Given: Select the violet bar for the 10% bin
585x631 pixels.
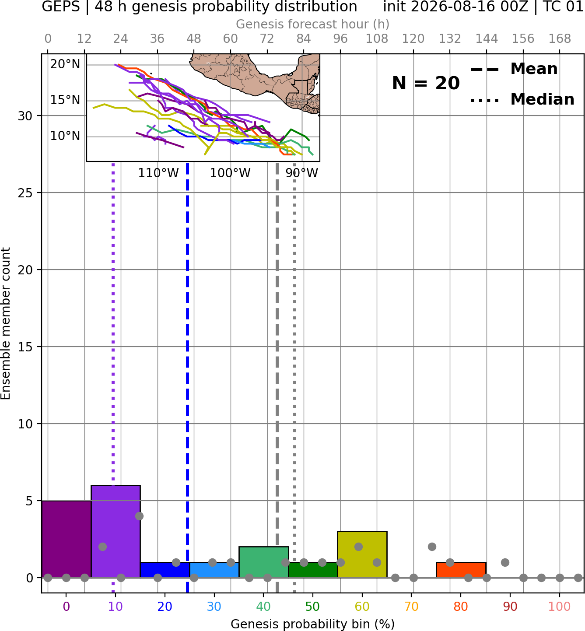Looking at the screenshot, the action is (x=116, y=531).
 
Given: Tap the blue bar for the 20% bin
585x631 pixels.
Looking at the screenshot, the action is (x=165, y=570).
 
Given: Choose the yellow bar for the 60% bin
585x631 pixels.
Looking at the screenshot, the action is (x=362, y=554).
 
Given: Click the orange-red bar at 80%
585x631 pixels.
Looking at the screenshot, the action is (x=461, y=570).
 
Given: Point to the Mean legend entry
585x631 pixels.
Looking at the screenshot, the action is (x=514, y=69).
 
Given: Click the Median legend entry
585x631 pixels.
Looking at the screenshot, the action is (x=522, y=99).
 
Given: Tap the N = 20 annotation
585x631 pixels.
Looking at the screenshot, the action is (x=426, y=83).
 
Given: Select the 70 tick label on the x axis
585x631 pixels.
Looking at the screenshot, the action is (x=411, y=606).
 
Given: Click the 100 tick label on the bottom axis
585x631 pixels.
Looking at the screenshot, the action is (x=560, y=606).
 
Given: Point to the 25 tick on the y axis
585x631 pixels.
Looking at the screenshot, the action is (x=25, y=193).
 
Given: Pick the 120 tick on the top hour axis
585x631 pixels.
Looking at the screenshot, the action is (x=413, y=39).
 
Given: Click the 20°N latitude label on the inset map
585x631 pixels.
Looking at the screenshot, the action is (x=65, y=64).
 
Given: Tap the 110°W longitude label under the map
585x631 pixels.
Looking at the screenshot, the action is (x=158, y=173).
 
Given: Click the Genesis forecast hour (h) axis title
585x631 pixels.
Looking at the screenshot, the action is (x=313, y=24).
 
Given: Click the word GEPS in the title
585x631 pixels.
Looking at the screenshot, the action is (x=61, y=7).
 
